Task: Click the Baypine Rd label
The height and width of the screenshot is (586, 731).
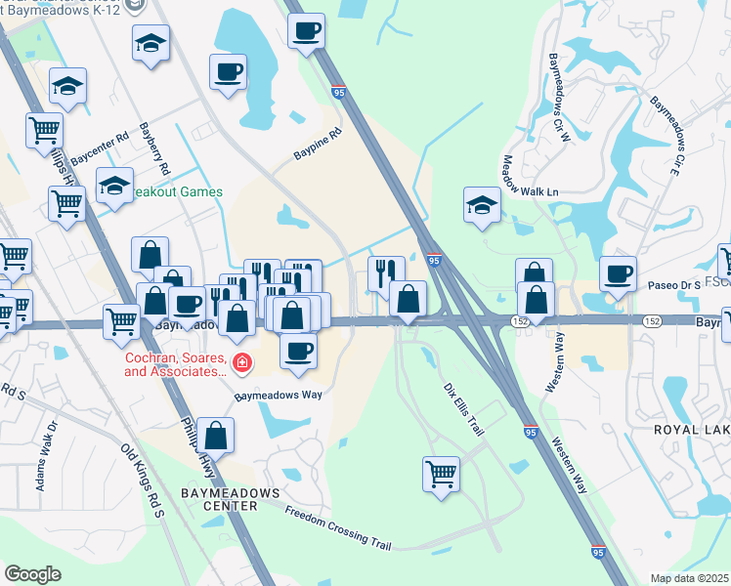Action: [318, 144]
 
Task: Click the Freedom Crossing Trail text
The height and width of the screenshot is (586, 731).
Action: [337, 528]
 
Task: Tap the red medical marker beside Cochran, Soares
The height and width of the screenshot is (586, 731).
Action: [240, 364]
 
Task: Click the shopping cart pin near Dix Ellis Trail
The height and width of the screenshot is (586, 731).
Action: [441, 475]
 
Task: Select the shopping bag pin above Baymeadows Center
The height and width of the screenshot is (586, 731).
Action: [218, 437]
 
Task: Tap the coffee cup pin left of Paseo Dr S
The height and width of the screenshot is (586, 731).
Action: [617, 273]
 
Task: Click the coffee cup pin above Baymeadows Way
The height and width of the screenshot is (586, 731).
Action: [299, 350]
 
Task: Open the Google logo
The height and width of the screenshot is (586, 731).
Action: [32, 574]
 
